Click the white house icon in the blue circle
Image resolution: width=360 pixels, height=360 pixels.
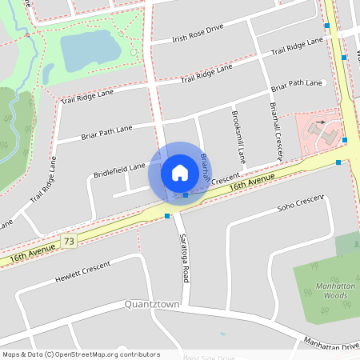click(179, 173)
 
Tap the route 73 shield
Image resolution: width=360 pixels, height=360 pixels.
click(70, 240)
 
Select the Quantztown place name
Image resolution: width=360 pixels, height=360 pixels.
click(152, 305)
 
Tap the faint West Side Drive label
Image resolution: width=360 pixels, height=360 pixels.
click(210, 358)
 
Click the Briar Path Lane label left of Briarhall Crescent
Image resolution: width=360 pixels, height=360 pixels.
click(298, 84)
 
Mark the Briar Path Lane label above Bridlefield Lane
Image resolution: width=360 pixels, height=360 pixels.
click(106, 132)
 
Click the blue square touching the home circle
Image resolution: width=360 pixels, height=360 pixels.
click(186, 195)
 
